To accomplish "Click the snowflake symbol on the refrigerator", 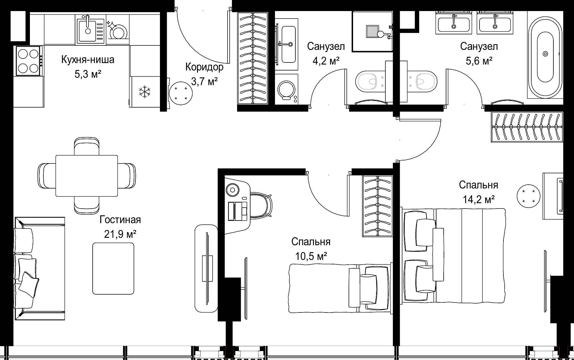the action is pyautogui.click(x=145, y=92).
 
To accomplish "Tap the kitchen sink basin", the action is pyautogui.click(x=88, y=30).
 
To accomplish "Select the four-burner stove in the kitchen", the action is pyautogui.click(x=29, y=61).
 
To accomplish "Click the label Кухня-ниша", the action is pyautogui.click(x=88, y=60).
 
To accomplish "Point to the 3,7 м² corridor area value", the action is pyautogui.click(x=204, y=81).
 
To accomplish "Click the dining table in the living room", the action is pyautogui.click(x=87, y=176).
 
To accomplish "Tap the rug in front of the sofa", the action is pyautogui.click(x=113, y=268).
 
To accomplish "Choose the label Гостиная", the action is pyautogui.click(x=120, y=220).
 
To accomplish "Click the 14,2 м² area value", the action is pyautogui.click(x=479, y=199).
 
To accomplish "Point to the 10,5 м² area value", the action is pyautogui.click(x=311, y=256).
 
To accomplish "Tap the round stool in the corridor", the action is pyautogui.click(x=181, y=93).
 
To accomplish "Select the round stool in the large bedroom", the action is pyautogui.click(x=529, y=197).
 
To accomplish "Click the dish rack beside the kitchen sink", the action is pyautogui.click(x=117, y=30).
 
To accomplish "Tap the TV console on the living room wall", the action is pyautogui.click(x=206, y=268).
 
